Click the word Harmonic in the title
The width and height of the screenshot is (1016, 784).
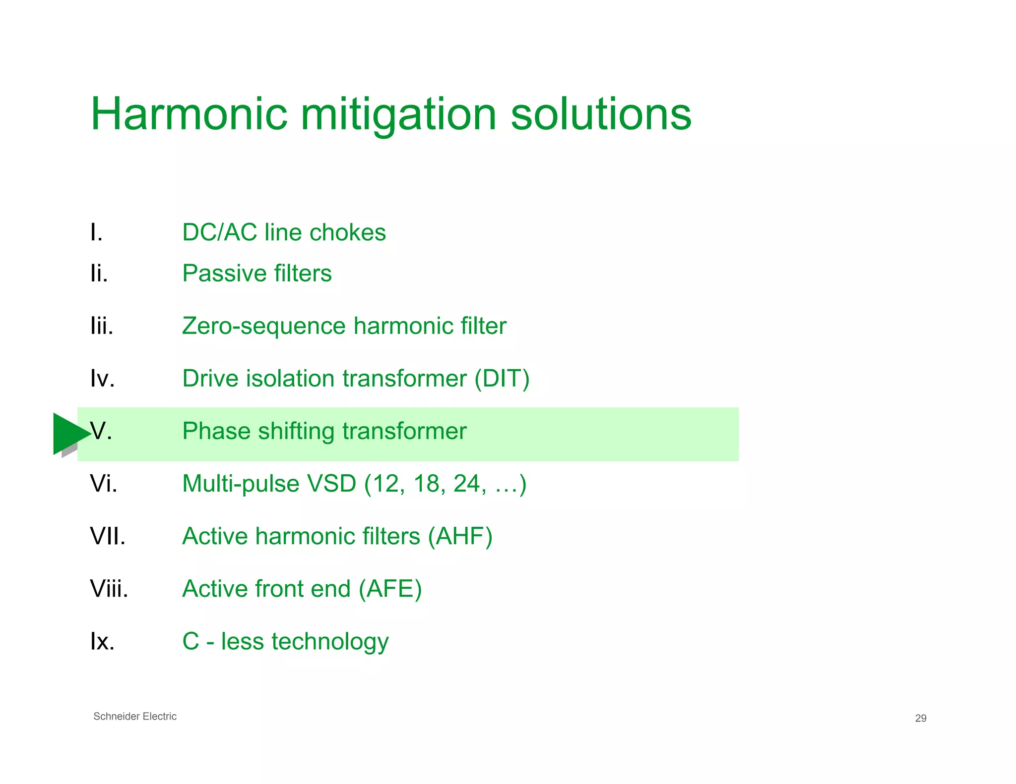click(x=189, y=114)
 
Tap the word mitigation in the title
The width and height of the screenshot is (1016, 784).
click(x=398, y=115)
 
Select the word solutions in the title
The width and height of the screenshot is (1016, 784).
click(x=601, y=114)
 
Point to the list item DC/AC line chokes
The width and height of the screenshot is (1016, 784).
click(x=284, y=232)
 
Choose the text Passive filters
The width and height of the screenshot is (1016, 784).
click(x=256, y=273)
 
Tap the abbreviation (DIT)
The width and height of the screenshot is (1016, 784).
click(x=502, y=379)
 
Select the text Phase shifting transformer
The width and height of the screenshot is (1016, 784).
click(x=324, y=431)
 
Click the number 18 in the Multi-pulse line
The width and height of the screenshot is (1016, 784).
click(x=426, y=484)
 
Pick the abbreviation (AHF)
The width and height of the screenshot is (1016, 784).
click(x=460, y=536)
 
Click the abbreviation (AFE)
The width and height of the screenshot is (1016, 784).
click(x=390, y=589)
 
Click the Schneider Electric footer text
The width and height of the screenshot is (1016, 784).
click(x=135, y=717)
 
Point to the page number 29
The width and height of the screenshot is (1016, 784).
click(x=920, y=718)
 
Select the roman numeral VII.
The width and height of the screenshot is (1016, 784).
click(x=108, y=536)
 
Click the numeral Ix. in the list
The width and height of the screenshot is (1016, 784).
click(x=102, y=641)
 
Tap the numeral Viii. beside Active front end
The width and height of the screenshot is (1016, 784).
click(x=109, y=589)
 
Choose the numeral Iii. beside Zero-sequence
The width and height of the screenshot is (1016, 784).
click(x=102, y=326)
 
